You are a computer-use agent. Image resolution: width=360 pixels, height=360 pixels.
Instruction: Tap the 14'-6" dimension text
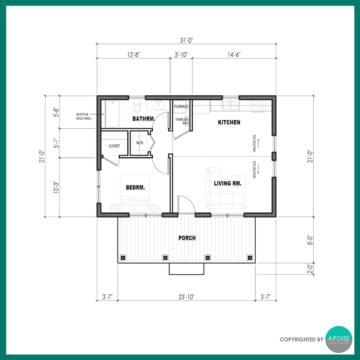pos(234,55)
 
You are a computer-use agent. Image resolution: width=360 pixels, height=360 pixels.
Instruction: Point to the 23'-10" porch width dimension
pos(187,297)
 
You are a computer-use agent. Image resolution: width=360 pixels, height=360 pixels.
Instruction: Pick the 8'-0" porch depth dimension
pos(310,239)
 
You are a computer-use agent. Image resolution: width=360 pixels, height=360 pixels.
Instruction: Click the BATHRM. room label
pos(143,119)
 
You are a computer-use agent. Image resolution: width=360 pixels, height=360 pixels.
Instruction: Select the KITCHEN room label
pos(229,122)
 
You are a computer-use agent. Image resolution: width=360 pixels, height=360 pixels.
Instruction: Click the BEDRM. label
pos(135,186)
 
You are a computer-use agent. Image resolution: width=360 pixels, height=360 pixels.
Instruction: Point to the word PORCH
pos(187,238)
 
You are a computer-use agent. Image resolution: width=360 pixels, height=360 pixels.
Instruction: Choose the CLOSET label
pos(114,146)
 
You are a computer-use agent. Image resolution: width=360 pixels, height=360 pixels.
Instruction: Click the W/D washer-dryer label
pos(140,143)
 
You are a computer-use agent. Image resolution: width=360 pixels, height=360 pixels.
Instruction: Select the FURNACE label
pos(181,107)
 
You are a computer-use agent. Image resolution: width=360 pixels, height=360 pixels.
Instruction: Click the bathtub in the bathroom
pos(112,114)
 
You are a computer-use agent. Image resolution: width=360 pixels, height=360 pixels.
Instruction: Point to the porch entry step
pos(186,269)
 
